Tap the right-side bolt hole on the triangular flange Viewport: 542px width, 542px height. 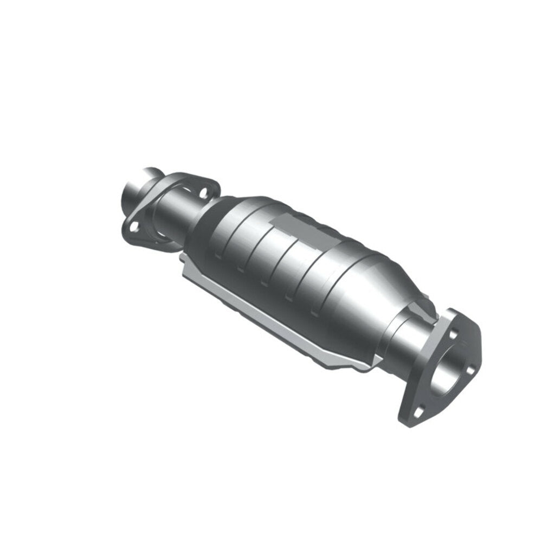469,370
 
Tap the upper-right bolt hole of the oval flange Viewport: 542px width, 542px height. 204,191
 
